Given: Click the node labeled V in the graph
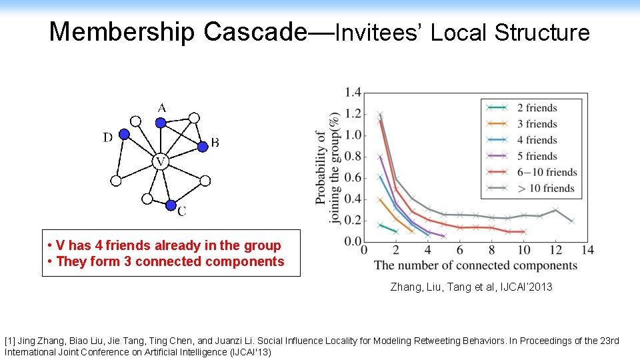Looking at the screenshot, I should (x=159, y=161).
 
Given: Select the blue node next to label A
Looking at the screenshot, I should (x=160, y=122).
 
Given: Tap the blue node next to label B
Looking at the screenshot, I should (x=202, y=145).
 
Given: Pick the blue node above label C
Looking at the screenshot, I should (x=171, y=204).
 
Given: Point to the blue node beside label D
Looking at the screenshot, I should (x=124, y=134).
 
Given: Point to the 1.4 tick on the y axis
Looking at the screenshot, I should (x=353, y=93).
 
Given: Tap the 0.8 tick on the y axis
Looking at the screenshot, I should (x=353, y=157).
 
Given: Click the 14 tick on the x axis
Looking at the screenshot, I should (x=587, y=251).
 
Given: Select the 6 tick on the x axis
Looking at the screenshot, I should (x=459, y=251).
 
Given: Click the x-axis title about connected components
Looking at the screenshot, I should (x=475, y=265).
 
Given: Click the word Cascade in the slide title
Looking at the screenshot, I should (x=253, y=31).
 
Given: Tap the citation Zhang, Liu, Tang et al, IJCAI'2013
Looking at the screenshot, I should (x=471, y=287).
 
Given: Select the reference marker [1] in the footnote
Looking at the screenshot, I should (x=11, y=341).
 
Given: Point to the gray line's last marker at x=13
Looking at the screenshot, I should (x=571, y=221).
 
